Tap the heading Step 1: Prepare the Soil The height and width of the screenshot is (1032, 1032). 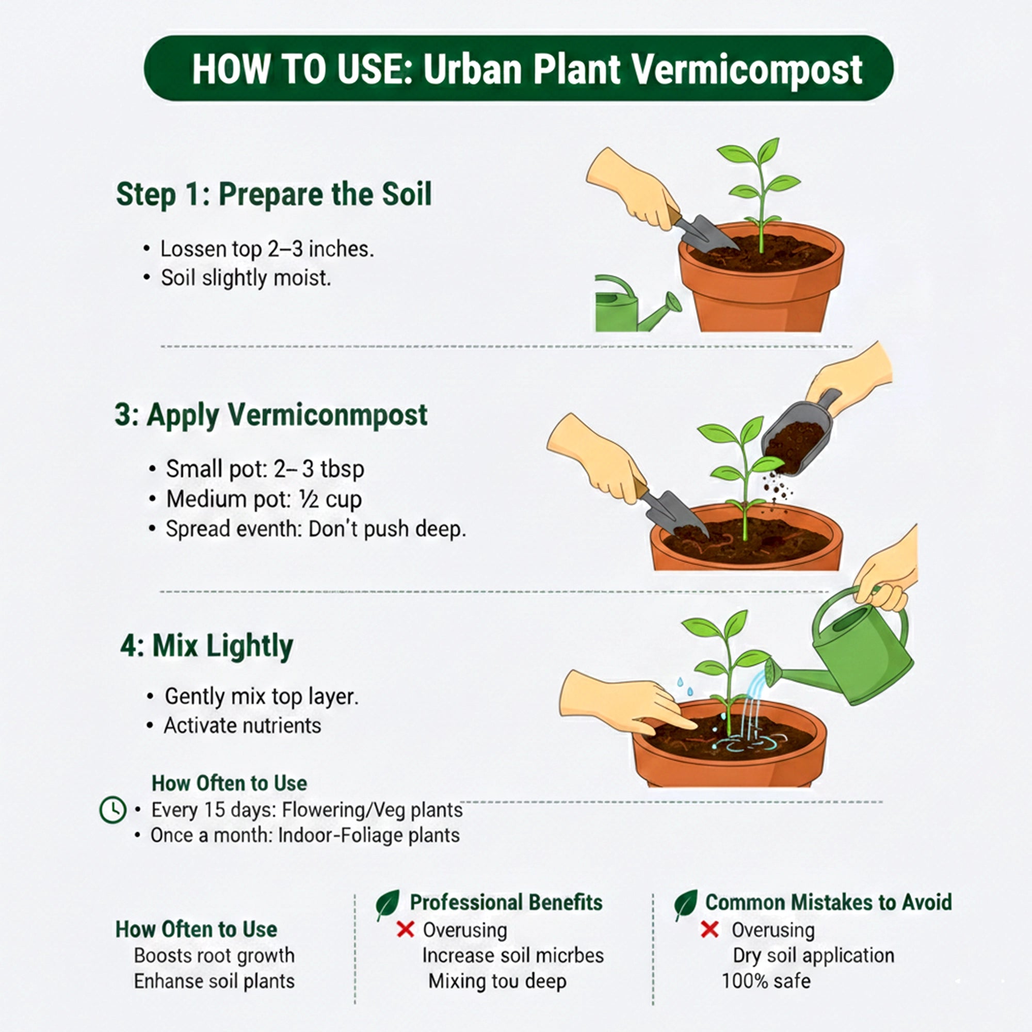273,194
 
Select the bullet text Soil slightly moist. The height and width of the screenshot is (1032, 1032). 246,278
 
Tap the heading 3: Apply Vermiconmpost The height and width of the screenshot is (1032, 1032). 271,415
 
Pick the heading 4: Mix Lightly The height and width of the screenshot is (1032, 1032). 207,647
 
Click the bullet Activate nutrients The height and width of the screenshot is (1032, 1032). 242,726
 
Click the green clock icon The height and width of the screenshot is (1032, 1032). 112,810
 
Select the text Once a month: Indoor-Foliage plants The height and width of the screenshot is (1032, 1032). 304,835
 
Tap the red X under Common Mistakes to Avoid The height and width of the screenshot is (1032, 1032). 709,929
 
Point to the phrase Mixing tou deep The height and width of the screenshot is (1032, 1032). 497,981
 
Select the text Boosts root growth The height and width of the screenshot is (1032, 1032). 214,956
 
